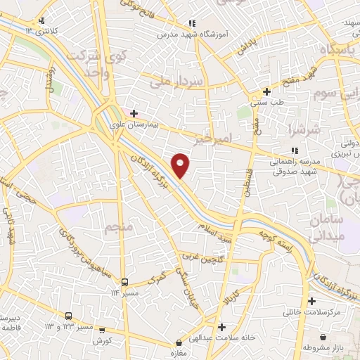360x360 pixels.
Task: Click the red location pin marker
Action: (181, 165)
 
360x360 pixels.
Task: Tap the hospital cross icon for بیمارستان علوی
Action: (134, 112)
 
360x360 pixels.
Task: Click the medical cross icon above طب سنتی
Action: (266, 91)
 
